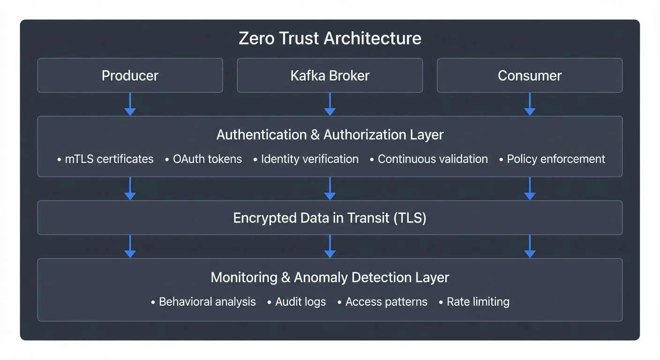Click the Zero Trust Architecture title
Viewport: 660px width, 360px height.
point(330,38)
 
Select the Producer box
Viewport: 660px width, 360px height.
point(130,75)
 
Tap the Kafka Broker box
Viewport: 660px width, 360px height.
point(330,75)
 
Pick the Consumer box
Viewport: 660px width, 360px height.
point(530,75)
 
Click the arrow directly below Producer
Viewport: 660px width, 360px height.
point(130,104)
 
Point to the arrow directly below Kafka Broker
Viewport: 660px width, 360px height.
point(330,104)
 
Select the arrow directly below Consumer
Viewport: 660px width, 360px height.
point(530,104)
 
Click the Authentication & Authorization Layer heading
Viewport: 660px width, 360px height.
point(330,135)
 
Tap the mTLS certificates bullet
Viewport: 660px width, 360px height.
point(109,159)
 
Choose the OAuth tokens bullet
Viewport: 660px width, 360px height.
point(207,159)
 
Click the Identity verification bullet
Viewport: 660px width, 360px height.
point(309,159)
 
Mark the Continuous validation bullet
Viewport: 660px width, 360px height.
point(432,159)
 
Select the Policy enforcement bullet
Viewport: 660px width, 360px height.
point(555,159)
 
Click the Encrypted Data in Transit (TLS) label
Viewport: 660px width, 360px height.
point(330,218)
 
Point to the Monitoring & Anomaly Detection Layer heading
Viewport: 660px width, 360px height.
point(330,277)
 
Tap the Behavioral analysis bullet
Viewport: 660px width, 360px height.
point(207,302)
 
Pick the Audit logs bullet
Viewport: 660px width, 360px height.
point(300,302)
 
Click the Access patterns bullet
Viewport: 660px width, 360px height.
point(386,302)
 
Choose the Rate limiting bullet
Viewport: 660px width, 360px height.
point(478,302)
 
